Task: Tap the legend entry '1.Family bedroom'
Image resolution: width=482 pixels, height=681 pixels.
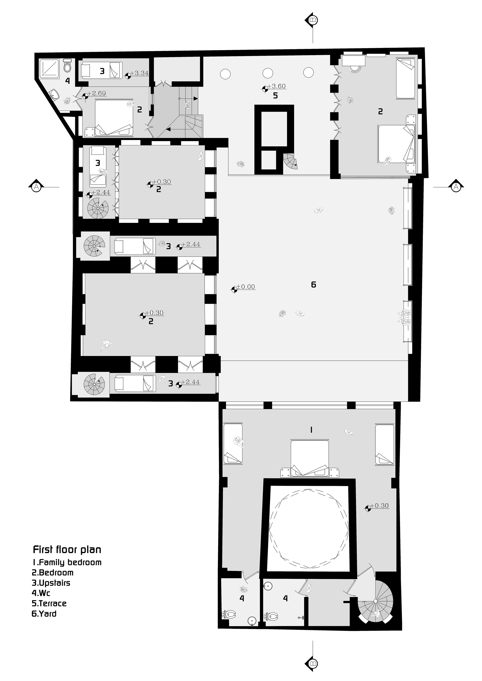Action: (x=67, y=562)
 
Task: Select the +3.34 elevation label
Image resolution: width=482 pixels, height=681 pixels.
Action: (x=139, y=73)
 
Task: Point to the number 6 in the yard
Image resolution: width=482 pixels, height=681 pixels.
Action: (x=313, y=285)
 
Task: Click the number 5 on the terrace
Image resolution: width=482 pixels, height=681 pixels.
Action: (x=275, y=96)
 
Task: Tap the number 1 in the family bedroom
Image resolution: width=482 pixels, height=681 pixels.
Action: (x=311, y=430)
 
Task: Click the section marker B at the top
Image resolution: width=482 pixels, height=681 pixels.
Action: (x=313, y=20)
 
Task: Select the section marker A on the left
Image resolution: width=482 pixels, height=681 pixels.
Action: (x=36, y=187)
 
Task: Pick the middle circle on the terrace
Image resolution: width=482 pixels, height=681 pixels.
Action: (x=268, y=73)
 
